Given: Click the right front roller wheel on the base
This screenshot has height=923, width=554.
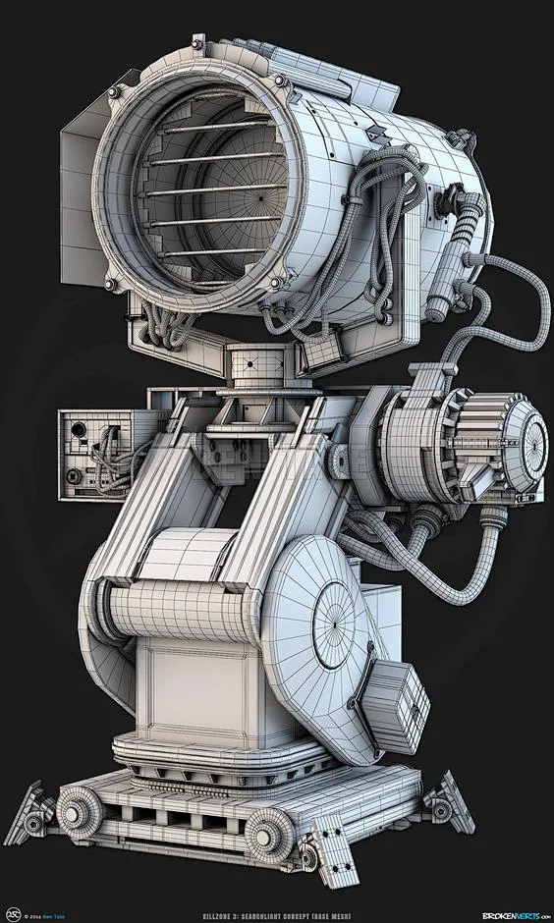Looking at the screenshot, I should pyautogui.click(x=262, y=834).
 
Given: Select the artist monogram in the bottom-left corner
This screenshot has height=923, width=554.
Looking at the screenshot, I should pyautogui.click(x=14, y=910).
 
